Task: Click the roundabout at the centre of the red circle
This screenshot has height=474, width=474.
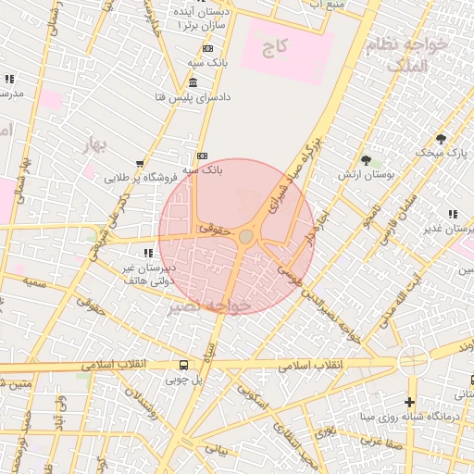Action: [245, 237]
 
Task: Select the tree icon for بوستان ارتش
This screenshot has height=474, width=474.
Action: [368, 159]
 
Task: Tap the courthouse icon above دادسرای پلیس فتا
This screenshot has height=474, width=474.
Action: [193, 82]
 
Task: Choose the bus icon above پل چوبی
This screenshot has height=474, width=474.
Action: [183, 364]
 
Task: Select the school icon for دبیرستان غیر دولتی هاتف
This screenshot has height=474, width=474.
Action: [146, 252]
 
